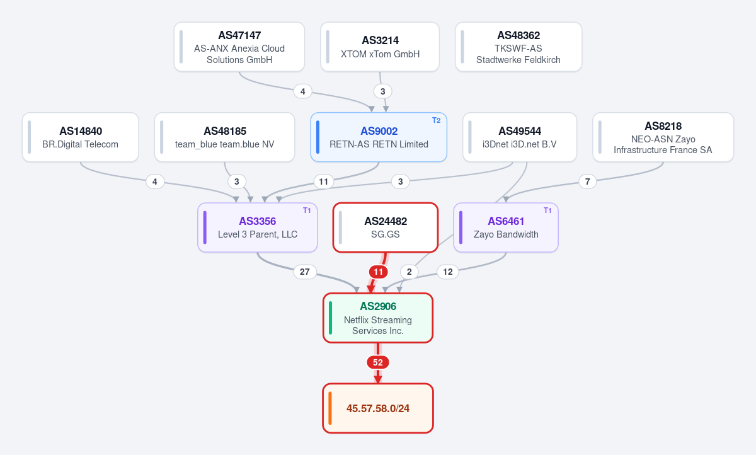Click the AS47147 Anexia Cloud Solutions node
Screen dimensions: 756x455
239,47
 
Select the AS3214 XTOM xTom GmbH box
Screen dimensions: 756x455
380,47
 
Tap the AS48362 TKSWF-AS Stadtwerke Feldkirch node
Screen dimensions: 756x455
518,47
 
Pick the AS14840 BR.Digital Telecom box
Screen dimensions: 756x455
81,137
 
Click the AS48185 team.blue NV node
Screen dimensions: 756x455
224,137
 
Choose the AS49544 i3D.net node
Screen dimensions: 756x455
520,137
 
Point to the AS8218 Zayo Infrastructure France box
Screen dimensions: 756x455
663,137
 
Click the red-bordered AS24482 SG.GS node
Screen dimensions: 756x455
386,227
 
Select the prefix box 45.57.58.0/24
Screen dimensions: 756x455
378,408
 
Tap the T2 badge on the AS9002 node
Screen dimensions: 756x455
437,120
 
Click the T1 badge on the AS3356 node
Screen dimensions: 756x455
307,210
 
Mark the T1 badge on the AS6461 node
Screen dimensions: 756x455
547,210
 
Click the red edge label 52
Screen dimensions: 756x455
377,362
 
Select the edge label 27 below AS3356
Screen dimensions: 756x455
305,272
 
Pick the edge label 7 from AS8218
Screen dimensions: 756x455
587,181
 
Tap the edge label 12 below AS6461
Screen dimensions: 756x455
447,272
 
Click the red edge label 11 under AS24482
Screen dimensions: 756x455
378,272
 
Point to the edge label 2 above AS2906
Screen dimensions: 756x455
409,272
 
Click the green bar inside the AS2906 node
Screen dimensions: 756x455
330,318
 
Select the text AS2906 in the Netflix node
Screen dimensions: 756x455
378,306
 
